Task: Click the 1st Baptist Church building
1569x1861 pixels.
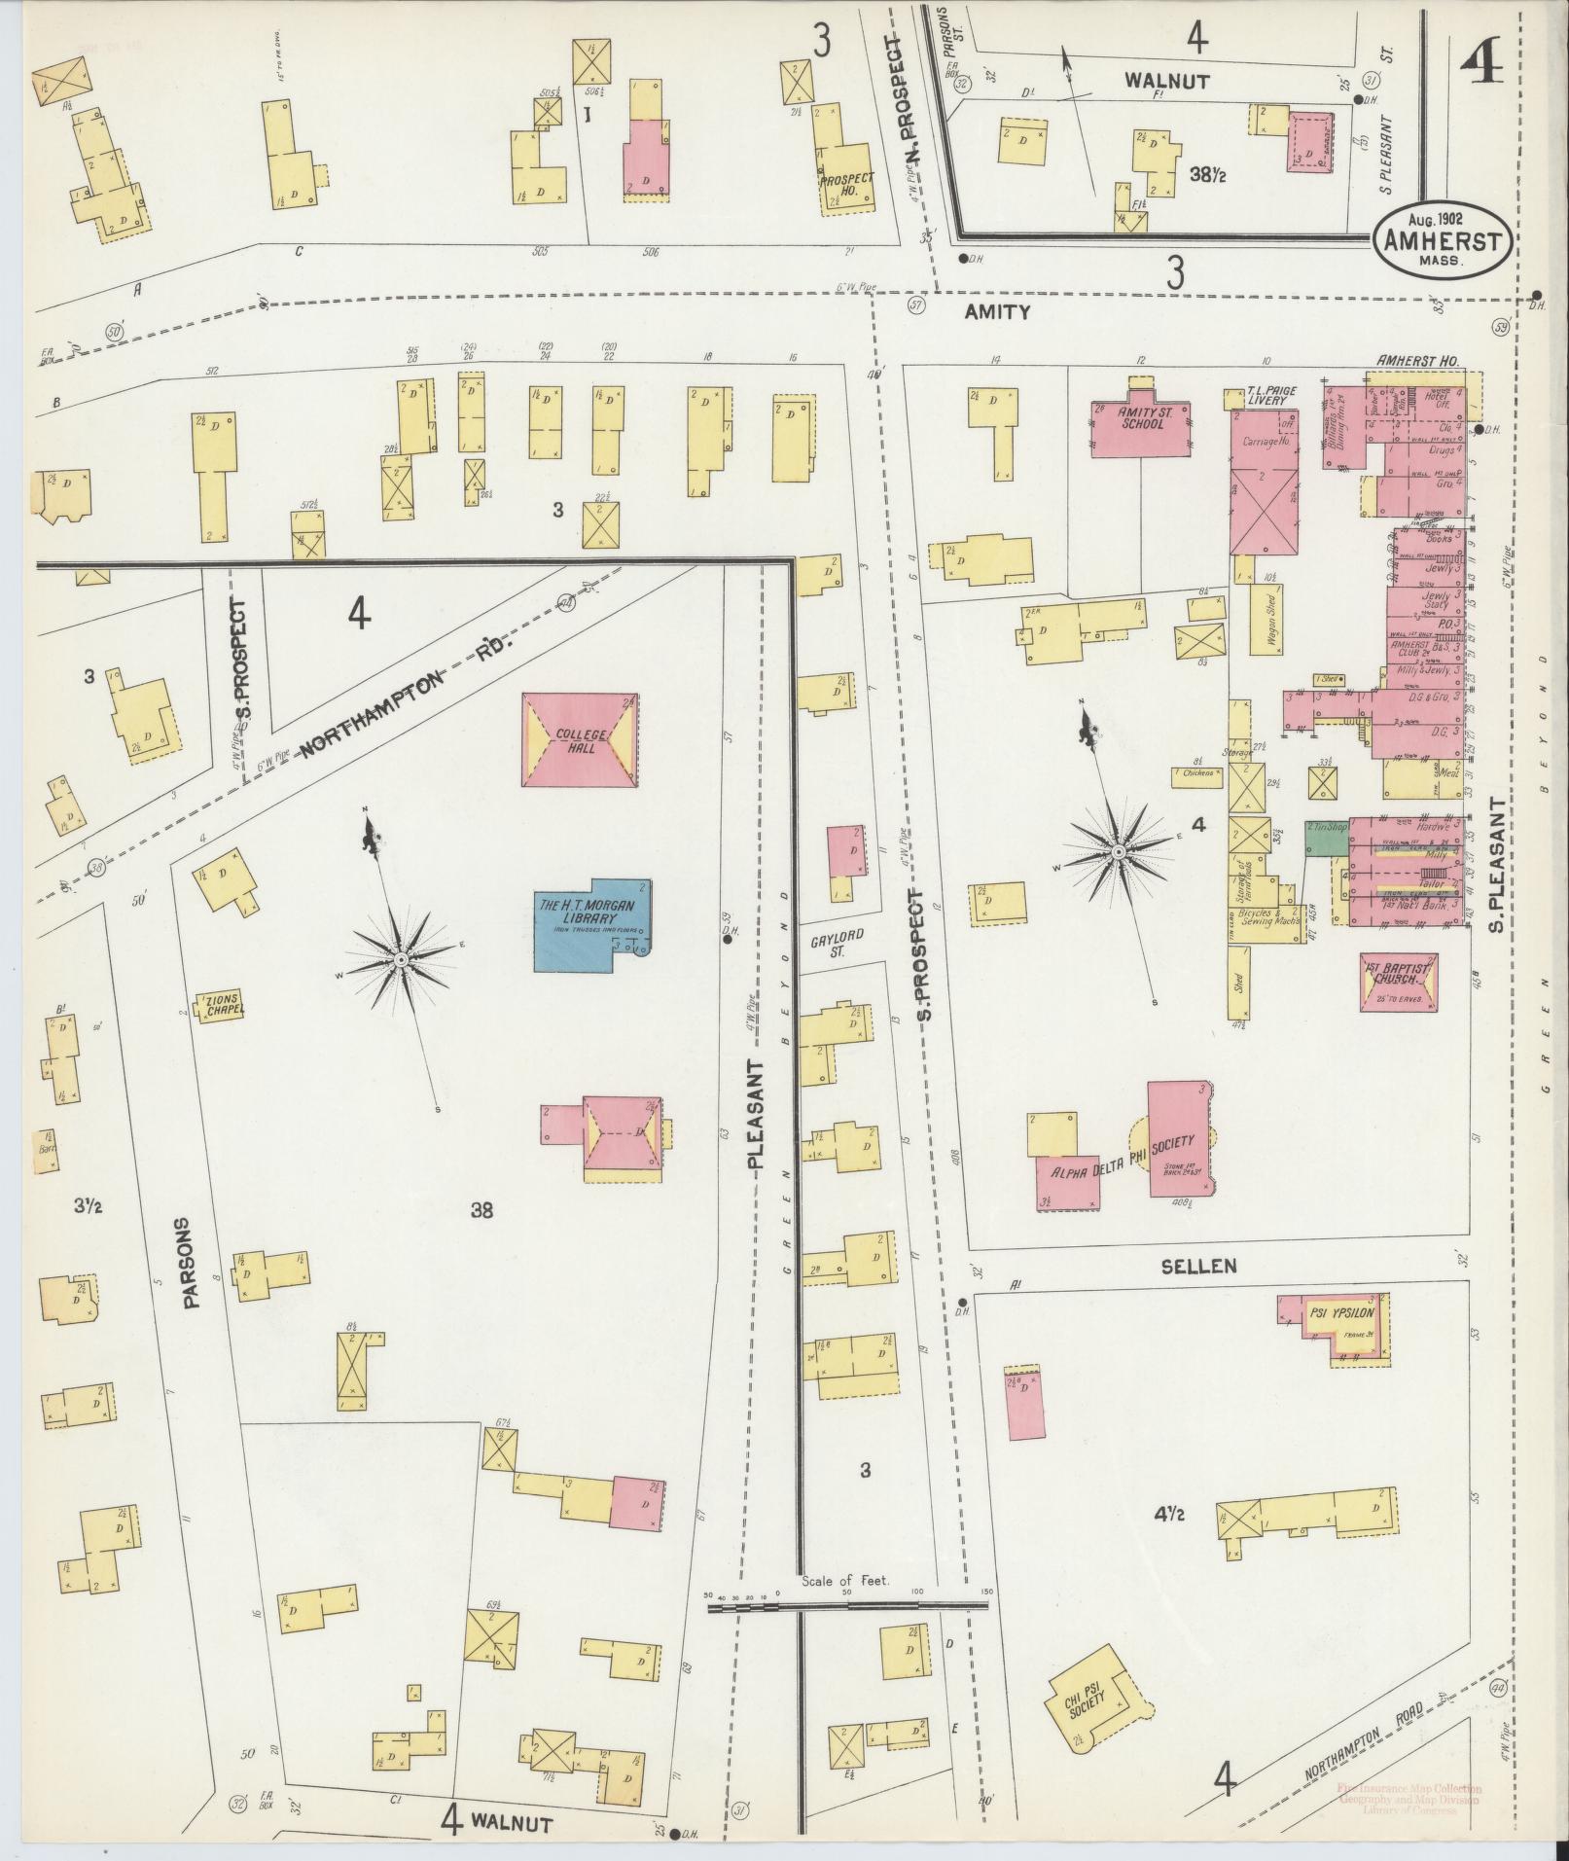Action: point(1399,982)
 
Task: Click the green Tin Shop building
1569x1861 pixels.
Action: point(1326,837)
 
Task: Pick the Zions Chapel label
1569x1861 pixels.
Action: point(221,1006)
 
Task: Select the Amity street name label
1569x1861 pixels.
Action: point(996,312)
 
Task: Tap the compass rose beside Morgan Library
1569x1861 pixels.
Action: point(402,959)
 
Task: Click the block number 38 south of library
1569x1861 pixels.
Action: point(481,1209)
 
